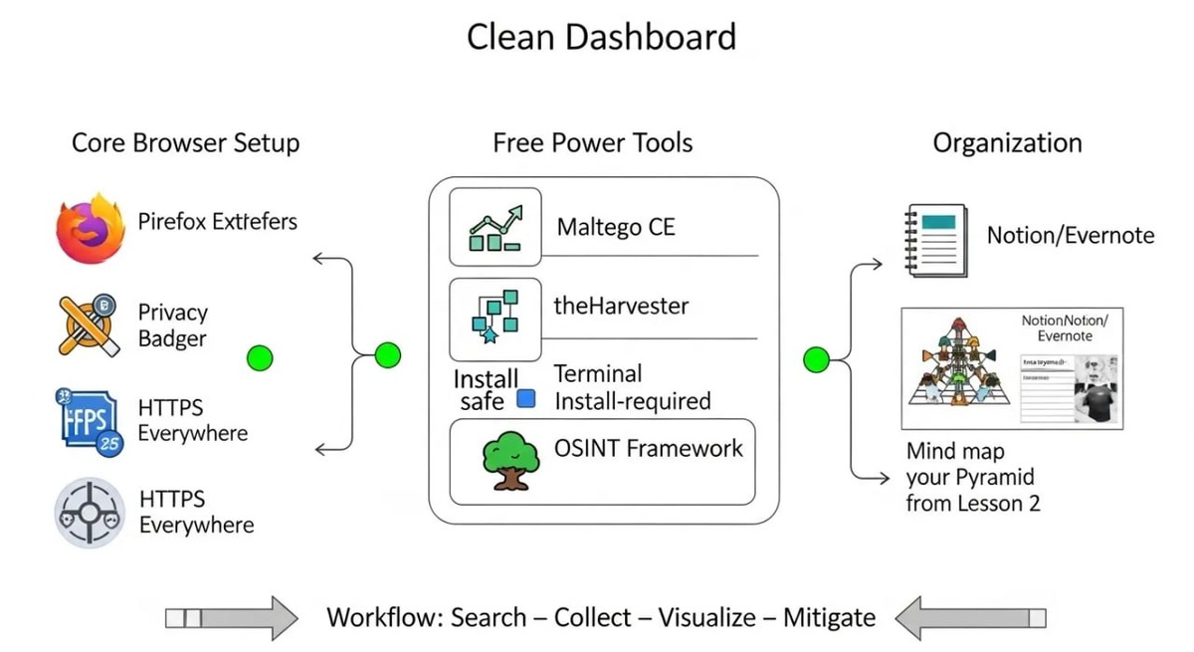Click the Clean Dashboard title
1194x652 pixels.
(x=601, y=38)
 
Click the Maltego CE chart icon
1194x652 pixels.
(x=495, y=228)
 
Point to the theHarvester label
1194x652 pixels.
(x=621, y=306)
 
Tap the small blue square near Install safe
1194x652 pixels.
(x=526, y=399)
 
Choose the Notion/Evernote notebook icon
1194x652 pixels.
(x=935, y=238)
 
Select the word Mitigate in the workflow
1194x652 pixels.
(x=829, y=617)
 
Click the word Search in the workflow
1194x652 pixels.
(x=488, y=617)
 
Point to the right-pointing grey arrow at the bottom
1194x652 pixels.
(x=232, y=618)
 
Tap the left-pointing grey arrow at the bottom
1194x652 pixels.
(x=970, y=618)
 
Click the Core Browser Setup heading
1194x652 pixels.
(x=185, y=142)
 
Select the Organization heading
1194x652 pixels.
(x=1007, y=142)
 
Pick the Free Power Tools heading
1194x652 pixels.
(x=593, y=142)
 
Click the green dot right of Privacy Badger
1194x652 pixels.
(x=259, y=357)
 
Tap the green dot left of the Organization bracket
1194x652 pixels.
(x=816, y=359)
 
